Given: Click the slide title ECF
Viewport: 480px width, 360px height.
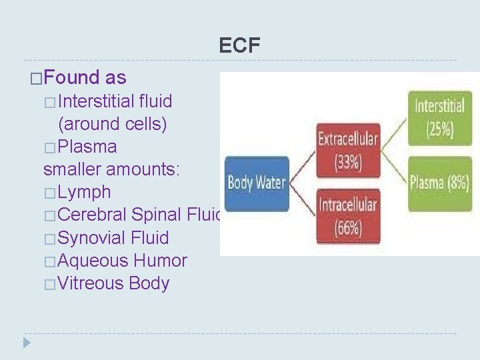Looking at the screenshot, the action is [240, 45].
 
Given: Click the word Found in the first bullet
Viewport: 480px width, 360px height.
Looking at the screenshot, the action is [72, 78].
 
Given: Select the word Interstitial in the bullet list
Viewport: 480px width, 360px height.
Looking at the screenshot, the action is [97, 101].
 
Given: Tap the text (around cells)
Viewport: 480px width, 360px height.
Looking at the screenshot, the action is [112, 124].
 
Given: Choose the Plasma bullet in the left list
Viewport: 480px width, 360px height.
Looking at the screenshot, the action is [87, 147].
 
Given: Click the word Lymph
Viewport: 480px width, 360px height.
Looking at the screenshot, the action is [84, 192].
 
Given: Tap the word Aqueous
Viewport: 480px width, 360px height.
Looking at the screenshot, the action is [93, 261].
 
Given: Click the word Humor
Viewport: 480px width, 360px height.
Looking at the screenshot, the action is [160, 261].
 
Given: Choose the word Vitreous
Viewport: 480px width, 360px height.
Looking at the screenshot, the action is [91, 283].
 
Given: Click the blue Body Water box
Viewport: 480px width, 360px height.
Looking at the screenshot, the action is [257, 182].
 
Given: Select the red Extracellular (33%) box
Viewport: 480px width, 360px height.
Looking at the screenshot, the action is [347, 150].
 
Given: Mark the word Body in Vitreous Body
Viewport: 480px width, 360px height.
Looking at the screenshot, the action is [149, 283].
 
